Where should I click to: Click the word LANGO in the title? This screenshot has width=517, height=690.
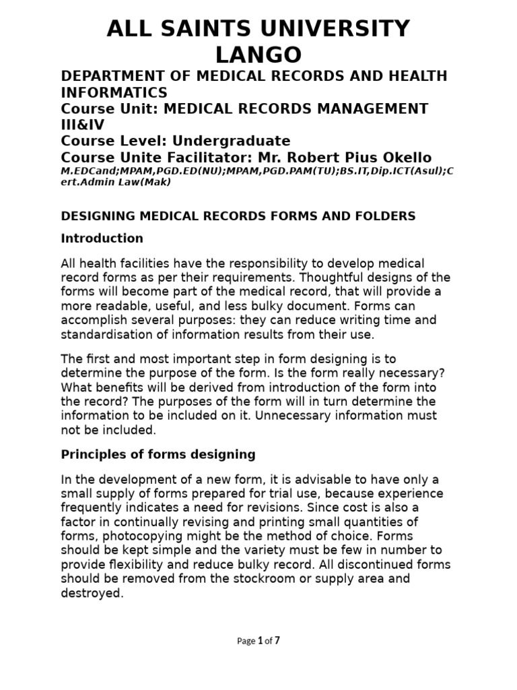pyautogui.click(x=258, y=54)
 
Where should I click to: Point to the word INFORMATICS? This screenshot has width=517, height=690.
pyautogui.click(x=114, y=92)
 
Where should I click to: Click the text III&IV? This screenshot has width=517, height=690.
pyautogui.click(x=83, y=125)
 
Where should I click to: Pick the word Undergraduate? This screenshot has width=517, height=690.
pyautogui.click(x=232, y=141)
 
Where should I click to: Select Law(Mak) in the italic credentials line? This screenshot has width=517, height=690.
pyautogui.click(x=148, y=181)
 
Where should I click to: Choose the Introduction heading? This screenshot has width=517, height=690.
pyautogui.click(x=102, y=239)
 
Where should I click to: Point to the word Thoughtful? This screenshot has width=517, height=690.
pyautogui.click(x=327, y=278)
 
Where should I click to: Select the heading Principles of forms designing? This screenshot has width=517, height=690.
pyautogui.click(x=158, y=455)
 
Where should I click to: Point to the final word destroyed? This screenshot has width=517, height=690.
pyautogui.click(x=92, y=594)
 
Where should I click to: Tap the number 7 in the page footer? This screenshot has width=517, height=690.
pyautogui.click(x=276, y=641)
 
